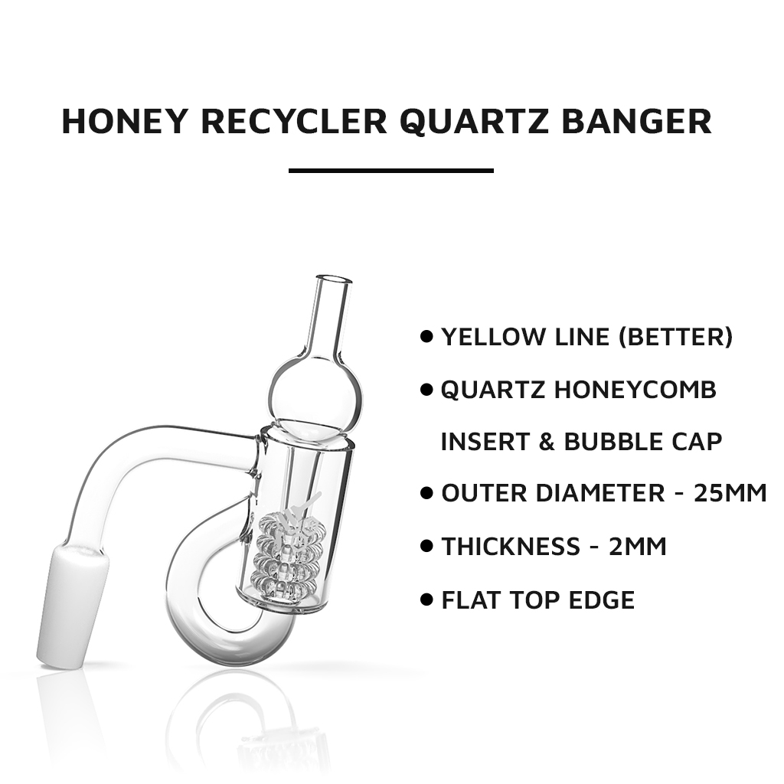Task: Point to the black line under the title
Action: (x=390, y=171)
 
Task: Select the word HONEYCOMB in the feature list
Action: (x=635, y=390)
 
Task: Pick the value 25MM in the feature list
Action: (x=730, y=493)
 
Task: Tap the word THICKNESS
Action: (x=511, y=547)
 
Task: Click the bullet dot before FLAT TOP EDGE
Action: (x=427, y=599)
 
